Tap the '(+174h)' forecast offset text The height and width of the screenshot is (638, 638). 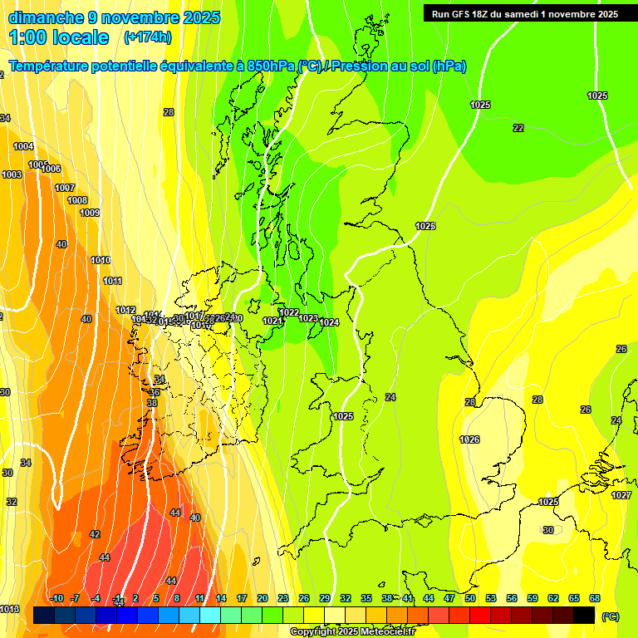(147, 37)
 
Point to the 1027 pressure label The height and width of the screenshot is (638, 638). (621, 495)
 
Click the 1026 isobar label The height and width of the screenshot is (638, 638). (469, 439)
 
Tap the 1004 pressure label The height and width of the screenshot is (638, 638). (23, 147)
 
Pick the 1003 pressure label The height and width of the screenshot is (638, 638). (12, 175)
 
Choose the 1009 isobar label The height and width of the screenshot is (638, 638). (90, 213)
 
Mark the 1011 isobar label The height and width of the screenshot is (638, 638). (113, 281)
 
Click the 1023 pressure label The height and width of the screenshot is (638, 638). (308, 318)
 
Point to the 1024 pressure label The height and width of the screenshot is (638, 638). (329, 322)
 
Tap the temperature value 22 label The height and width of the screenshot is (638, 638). (518, 128)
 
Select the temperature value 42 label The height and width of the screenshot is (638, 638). (95, 534)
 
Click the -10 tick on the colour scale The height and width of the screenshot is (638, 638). (56, 598)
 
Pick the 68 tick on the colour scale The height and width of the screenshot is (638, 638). (595, 598)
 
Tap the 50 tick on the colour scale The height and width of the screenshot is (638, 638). (470, 598)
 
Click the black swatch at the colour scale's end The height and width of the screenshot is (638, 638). (584, 615)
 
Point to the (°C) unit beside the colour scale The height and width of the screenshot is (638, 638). (611, 616)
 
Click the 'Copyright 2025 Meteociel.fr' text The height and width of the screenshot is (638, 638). (352, 632)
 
